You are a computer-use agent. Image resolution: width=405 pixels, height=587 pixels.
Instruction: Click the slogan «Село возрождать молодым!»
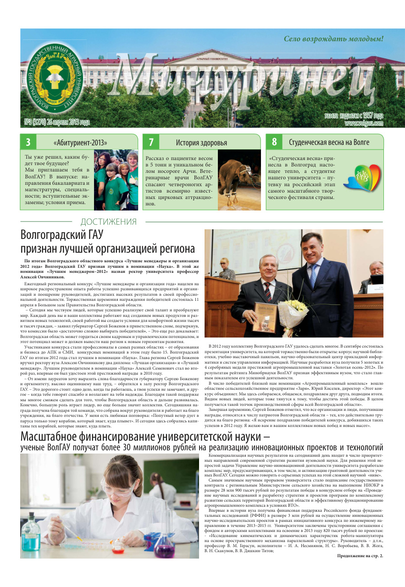tap(333, 39)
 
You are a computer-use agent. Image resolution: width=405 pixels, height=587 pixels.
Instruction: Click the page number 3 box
tap(28, 142)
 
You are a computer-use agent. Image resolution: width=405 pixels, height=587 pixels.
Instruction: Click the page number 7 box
tap(151, 142)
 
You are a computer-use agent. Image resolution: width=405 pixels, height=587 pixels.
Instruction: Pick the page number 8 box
tap(274, 142)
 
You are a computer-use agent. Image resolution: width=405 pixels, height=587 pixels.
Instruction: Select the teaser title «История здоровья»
tap(201, 143)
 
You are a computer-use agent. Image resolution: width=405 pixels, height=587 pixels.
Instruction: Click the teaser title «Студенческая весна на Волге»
tap(329, 142)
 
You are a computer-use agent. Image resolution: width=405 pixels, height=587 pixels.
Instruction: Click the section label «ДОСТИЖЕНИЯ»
tap(108, 222)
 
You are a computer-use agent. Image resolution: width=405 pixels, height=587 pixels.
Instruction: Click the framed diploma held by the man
tap(265, 316)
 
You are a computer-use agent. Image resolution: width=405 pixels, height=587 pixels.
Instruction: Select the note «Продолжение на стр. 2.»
tap(360, 556)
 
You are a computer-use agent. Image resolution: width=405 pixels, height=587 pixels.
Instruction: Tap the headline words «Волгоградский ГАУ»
tap(61, 235)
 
